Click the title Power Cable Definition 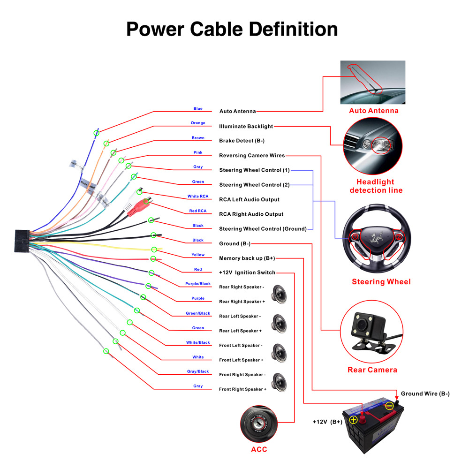coord(232,29)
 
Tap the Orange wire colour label coord(198,123)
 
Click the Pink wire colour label coord(198,152)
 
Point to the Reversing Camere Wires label coord(251,155)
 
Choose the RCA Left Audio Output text coord(249,199)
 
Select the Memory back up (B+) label coord(247,258)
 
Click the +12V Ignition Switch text coord(247,272)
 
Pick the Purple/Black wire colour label coord(198,284)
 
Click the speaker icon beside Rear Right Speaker coord(280,294)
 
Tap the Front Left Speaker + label coord(241,360)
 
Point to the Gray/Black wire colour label coord(198,371)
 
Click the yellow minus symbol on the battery coord(390,406)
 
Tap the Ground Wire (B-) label coord(425,393)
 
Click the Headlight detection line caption coord(376,186)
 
